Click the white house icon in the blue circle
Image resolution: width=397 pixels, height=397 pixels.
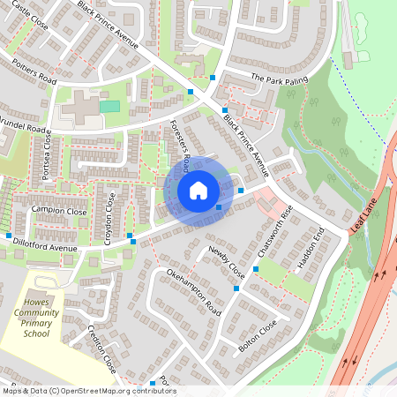tap(198, 190)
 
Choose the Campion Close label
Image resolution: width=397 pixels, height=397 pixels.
tap(59, 212)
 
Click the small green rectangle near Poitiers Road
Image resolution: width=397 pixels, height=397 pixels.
tap(109, 106)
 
